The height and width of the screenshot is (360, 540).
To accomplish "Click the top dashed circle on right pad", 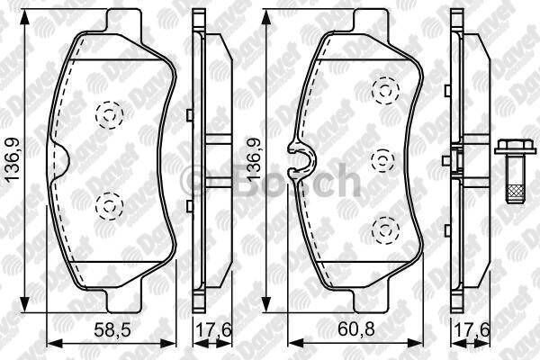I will (386, 88).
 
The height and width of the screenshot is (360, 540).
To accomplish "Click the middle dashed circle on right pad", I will (384, 159).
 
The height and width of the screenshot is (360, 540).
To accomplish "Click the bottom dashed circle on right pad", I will (385, 229).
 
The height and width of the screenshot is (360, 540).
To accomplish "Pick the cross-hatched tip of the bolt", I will (515, 190).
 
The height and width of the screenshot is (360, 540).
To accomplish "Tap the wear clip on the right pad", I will (298, 158).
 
